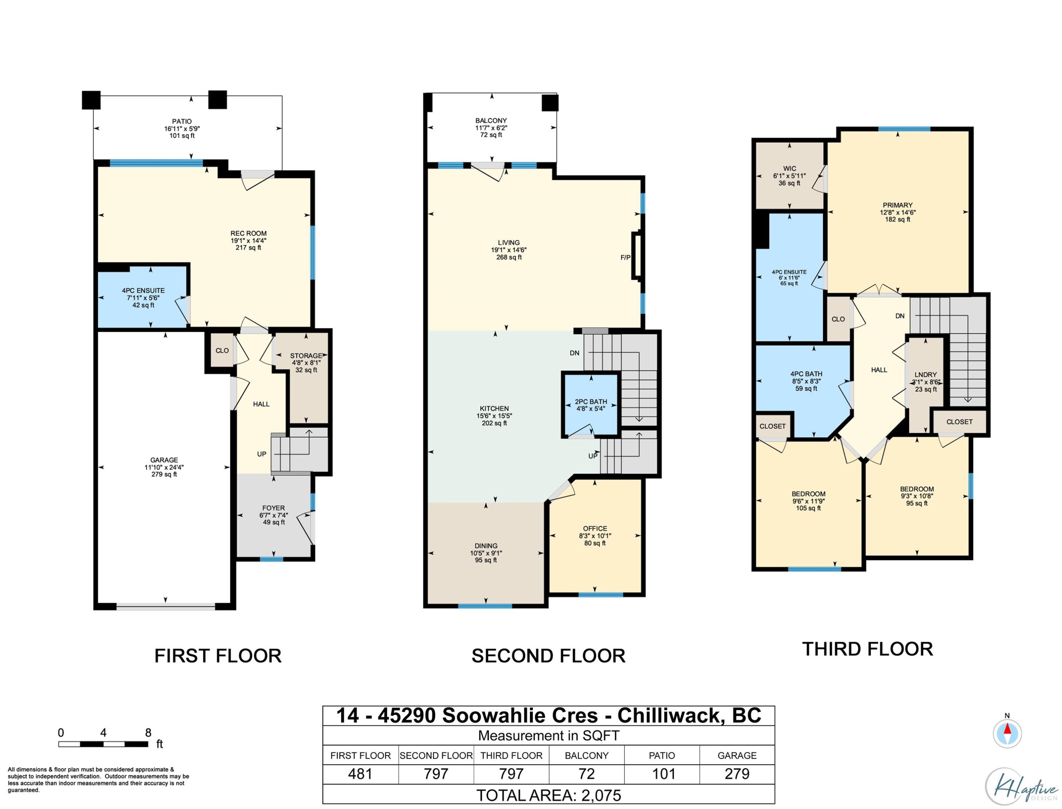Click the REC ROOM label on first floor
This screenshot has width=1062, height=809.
(248, 233)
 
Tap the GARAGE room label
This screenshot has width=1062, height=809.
(164, 460)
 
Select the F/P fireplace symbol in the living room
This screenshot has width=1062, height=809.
(636, 256)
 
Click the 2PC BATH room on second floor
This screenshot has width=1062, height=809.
(591, 405)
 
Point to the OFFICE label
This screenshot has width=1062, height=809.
(595, 528)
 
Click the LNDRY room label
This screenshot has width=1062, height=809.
(926, 375)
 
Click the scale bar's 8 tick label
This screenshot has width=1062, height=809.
(148, 733)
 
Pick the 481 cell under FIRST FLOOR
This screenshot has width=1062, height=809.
(360, 774)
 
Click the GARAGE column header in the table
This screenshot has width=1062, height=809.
(737, 756)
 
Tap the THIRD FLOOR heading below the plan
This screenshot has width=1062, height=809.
(867, 649)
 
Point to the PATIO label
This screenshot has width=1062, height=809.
(182, 121)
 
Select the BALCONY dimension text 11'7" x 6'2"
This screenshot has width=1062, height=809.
(491, 128)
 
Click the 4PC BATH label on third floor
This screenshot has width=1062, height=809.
(806, 374)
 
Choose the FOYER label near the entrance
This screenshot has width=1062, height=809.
(273, 508)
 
